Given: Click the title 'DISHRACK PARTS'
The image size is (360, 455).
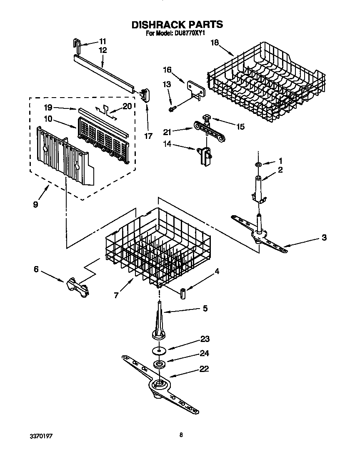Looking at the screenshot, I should [x=177, y=25].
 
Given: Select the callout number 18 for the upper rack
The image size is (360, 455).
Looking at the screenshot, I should [x=214, y=43].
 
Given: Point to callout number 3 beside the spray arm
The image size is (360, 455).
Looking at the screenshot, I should [x=324, y=238].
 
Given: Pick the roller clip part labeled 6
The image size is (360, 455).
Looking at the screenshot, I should [x=77, y=287].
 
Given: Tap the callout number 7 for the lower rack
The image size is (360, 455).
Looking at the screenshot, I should [x=117, y=295].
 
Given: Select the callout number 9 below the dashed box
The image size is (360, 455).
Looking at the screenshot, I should [x=35, y=204].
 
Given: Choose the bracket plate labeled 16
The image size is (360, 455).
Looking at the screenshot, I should [x=195, y=89].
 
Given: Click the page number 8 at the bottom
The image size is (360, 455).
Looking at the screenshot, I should [x=181, y=435].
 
